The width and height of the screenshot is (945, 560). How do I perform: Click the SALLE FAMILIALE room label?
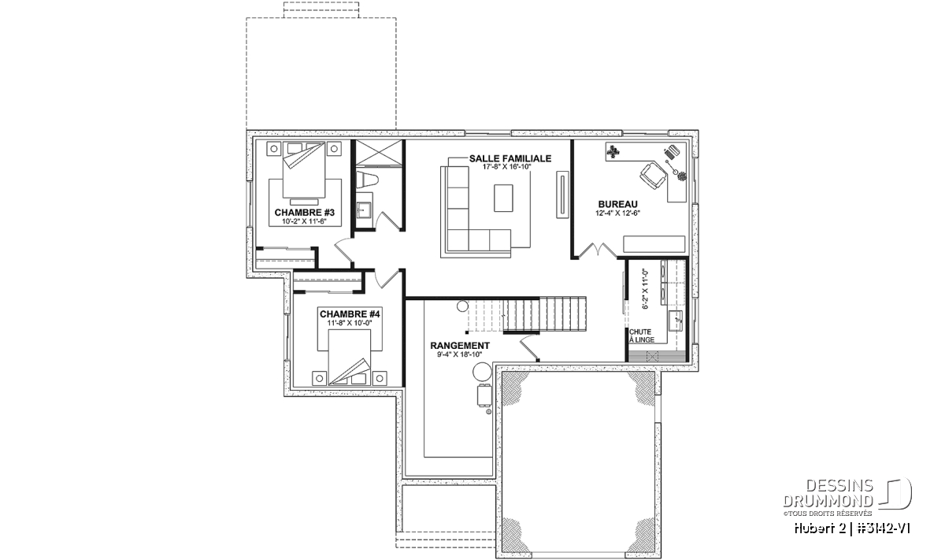(510, 158)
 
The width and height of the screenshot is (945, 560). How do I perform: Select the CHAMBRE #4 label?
(350, 314)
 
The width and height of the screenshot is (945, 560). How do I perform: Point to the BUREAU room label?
(617, 205)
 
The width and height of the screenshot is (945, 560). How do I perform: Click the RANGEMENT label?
(460, 346)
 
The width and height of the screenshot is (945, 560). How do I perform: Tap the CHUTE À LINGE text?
(642, 336)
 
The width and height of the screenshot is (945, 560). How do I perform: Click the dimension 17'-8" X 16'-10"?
(506, 167)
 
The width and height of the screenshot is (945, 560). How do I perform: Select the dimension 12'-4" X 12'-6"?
(617, 213)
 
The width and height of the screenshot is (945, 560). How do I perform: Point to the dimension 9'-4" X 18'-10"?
(460, 354)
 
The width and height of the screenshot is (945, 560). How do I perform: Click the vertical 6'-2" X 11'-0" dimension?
(645, 290)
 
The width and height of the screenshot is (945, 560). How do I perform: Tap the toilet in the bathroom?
(367, 180)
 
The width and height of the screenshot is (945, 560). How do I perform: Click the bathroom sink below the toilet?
(363, 209)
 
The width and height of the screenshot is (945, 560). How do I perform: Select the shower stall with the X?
(380, 152)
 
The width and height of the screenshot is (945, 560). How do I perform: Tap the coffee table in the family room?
(503, 198)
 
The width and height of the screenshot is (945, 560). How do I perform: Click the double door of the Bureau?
(598, 250)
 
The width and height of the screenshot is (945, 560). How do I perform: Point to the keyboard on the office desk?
(671, 151)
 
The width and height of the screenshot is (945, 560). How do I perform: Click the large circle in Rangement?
(481, 373)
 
